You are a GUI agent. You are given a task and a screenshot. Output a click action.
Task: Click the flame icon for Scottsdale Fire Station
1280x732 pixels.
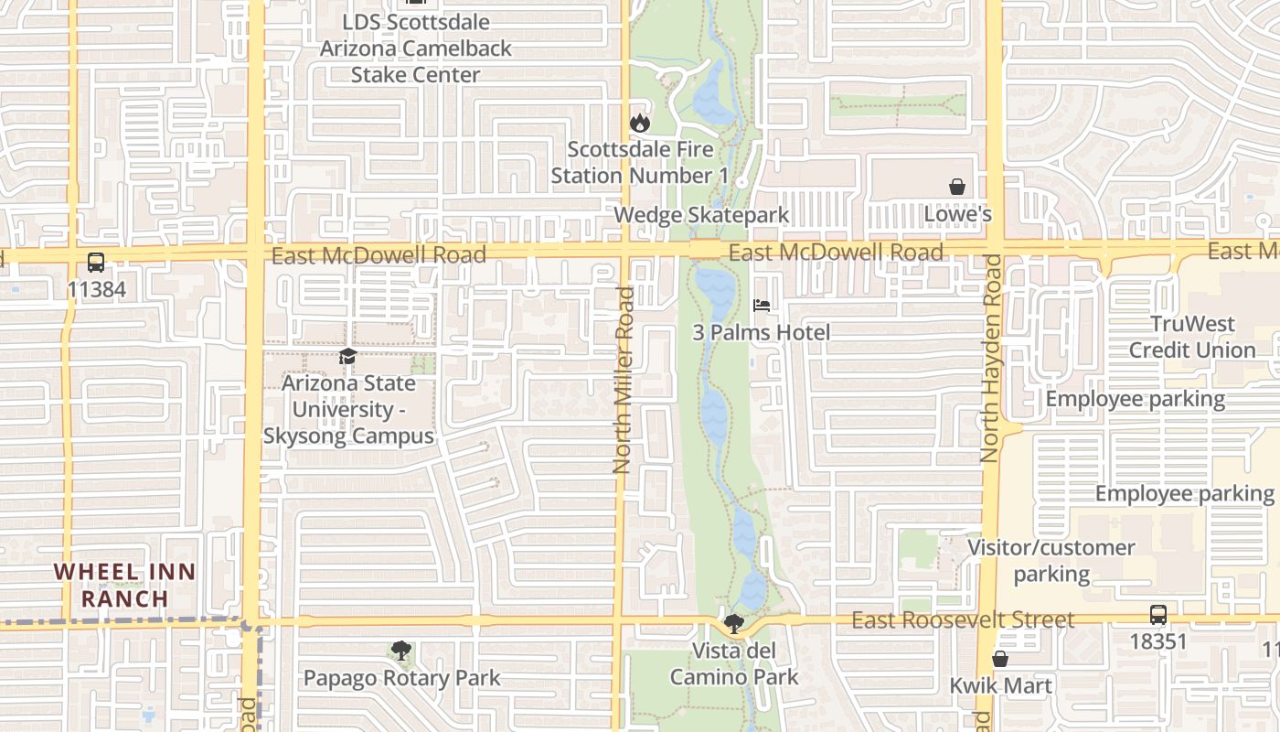tap(639, 123)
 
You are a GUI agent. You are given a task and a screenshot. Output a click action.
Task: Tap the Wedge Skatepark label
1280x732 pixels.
tap(701, 216)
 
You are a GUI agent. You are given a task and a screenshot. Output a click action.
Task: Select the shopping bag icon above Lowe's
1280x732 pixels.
tap(957, 187)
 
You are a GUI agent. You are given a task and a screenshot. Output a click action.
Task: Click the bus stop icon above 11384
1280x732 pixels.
tap(96, 263)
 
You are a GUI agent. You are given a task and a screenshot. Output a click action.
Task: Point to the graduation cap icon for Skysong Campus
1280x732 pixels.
tap(347, 356)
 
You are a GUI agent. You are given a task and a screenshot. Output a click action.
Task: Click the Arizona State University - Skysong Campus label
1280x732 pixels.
tap(348, 410)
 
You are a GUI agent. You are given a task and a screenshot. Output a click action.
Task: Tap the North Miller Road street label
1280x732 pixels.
tap(624, 380)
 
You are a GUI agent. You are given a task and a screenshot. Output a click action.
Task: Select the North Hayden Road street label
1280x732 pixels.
tap(991, 358)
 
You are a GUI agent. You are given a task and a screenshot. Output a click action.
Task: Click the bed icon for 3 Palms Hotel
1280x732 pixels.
tap(762, 306)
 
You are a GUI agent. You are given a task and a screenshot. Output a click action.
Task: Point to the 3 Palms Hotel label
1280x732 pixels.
tap(761, 333)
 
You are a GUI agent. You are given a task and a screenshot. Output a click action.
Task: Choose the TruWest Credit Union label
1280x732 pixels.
tap(1192, 337)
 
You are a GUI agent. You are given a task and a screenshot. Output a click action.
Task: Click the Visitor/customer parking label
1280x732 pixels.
tap(1051, 561)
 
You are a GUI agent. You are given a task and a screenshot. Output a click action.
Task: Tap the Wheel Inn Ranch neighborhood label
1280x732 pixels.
tap(124, 586)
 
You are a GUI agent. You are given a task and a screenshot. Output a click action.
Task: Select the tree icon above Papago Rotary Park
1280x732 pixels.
tap(400, 651)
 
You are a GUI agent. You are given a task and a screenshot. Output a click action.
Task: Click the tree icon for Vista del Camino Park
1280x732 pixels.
tap(733, 624)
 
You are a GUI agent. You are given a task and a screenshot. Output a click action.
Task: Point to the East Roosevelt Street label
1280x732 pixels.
tap(963, 620)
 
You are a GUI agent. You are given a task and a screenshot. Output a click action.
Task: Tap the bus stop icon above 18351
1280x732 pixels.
tap(1158, 615)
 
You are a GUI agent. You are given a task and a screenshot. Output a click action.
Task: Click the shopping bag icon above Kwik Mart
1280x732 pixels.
tap(1000, 659)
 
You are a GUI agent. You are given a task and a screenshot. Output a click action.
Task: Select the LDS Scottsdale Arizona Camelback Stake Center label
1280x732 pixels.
tap(416, 48)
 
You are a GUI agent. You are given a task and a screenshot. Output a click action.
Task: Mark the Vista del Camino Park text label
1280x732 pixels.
tap(734, 664)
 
